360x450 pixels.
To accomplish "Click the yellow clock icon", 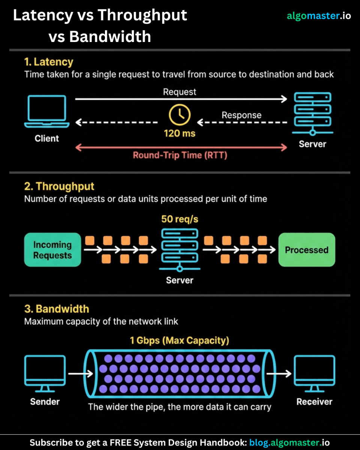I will [x=180, y=115].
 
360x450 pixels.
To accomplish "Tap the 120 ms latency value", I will [x=180, y=133].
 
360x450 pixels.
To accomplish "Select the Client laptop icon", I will [x=46, y=112].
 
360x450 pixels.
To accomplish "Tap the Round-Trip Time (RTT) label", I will [x=180, y=155].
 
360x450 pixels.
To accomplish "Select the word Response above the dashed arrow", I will [x=241, y=115].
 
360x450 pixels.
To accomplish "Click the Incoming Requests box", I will [x=52, y=250].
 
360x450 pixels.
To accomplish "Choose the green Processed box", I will [x=306, y=250].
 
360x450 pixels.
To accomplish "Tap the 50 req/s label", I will [x=180, y=219].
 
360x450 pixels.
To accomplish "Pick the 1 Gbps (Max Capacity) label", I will [x=179, y=340].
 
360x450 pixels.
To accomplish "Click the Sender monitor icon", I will [x=45, y=373].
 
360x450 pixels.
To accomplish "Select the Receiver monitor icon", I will [x=314, y=373].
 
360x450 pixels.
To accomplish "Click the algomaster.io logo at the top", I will [x=319, y=16].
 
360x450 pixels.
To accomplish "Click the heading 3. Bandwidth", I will [x=57, y=309].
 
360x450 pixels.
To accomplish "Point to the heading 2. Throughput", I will [x=59, y=186].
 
